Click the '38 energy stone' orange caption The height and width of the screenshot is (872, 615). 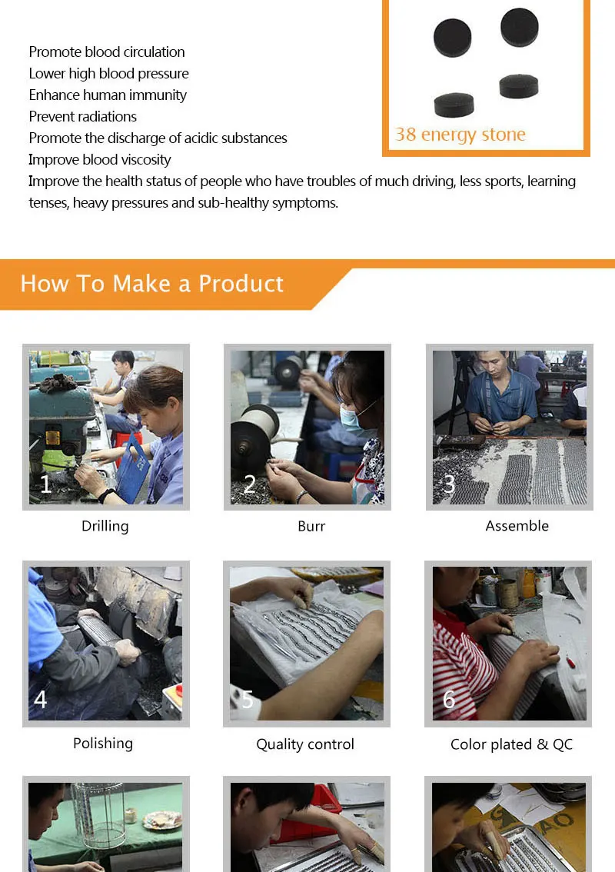point(460,135)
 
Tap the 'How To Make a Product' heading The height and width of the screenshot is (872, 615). point(151,284)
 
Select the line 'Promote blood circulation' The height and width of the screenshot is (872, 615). point(107,52)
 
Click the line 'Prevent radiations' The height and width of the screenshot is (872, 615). point(83,116)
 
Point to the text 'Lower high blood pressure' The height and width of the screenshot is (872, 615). point(109,73)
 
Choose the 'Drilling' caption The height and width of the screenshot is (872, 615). point(105,526)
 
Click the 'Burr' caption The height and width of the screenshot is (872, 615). point(311,526)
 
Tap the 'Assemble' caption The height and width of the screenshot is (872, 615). point(517,525)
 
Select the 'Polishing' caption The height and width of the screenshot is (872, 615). point(103,744)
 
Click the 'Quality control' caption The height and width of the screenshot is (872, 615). point(305,744)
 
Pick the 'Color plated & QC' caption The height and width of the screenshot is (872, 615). point(511,744)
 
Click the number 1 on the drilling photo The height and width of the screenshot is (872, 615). point(45,484)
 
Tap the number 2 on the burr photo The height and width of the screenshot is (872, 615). point(250,484)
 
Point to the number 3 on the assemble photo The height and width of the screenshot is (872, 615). point(449,484)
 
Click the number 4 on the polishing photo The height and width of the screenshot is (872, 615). point(41,699)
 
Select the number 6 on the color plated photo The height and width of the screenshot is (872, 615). point(449,699)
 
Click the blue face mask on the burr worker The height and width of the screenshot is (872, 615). point(352,419)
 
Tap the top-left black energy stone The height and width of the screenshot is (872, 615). point(453,38)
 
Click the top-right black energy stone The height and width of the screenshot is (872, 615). point(520,27)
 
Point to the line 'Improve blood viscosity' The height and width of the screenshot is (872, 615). point(100,160)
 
